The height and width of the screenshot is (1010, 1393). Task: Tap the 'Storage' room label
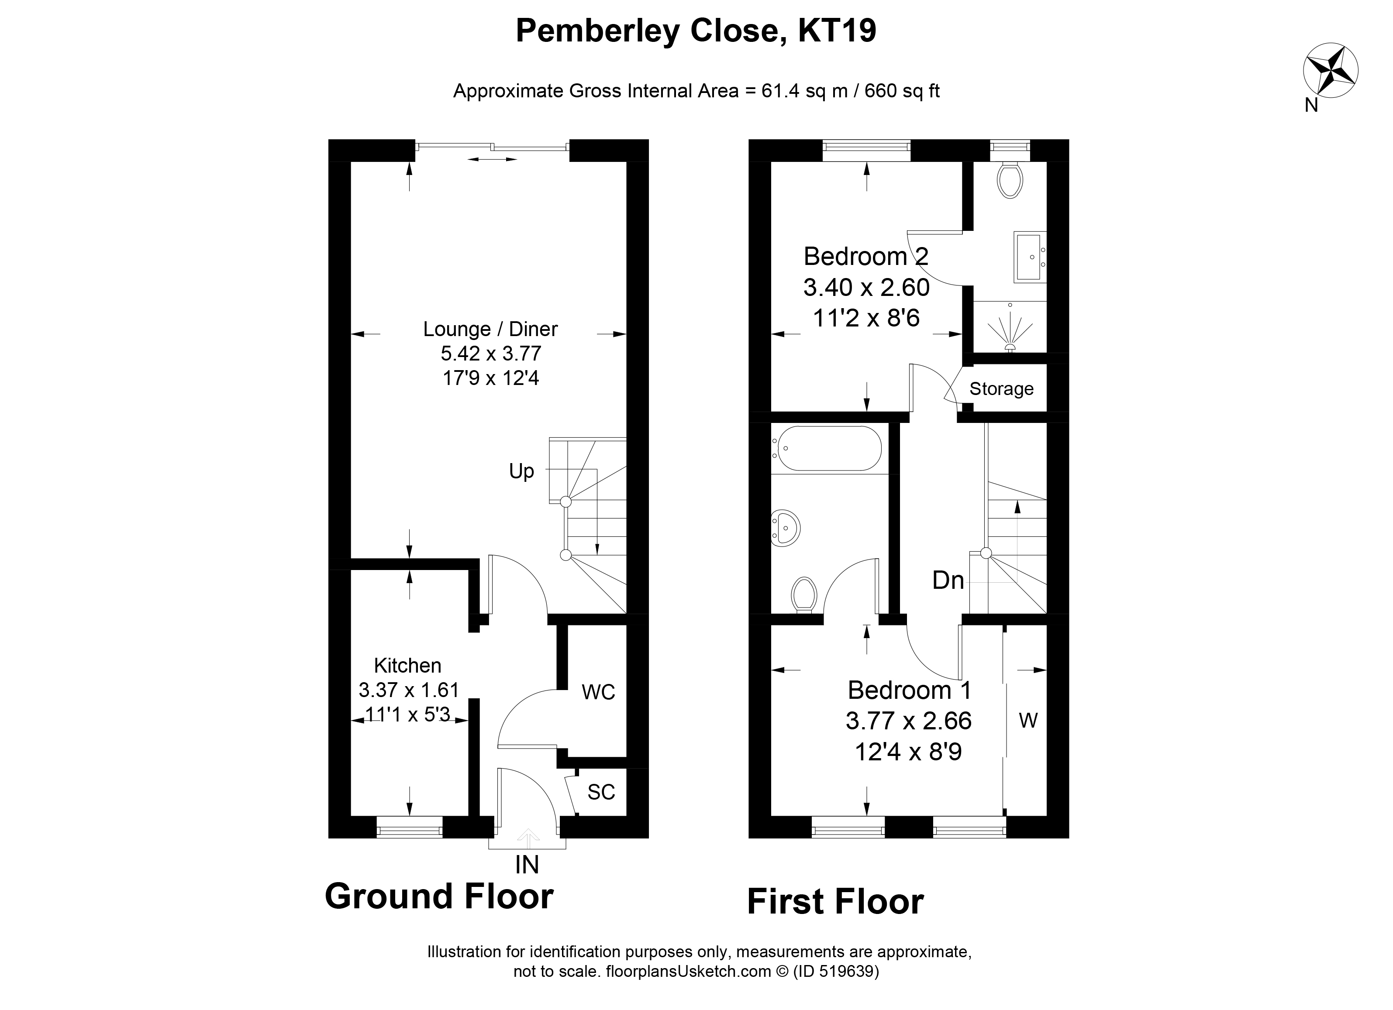point(1001,388)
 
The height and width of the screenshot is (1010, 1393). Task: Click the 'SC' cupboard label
point(601,792)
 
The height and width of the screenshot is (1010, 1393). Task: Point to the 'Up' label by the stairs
point(521,471)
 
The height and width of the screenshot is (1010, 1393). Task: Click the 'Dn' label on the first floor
point(948,580)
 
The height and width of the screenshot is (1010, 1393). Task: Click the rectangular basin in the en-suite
point(1029,257)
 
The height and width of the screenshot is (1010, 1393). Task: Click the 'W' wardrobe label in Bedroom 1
point(1028,720)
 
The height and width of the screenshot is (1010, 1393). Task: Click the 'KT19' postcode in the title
point(837,31)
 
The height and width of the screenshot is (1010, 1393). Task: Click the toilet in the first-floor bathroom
point(803,594)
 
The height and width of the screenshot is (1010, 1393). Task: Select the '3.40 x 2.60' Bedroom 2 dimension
point(866,287)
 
